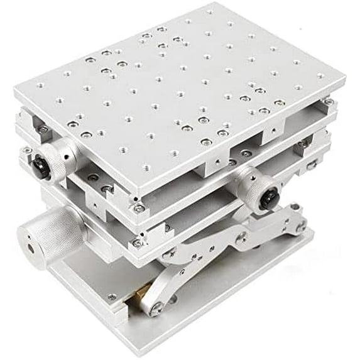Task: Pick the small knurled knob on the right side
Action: pos(258,189)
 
